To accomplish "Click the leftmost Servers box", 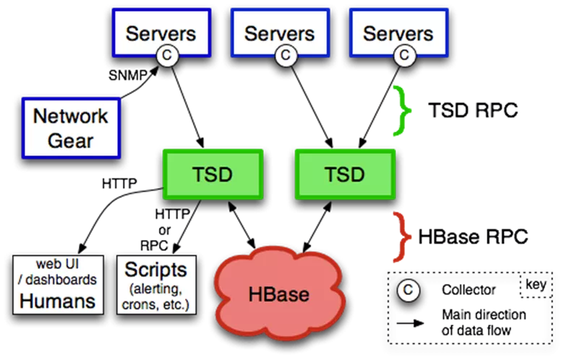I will click(x=161, y=32).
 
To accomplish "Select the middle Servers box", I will click(x=279, y=32).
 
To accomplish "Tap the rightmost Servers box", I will click(x=398, y=32).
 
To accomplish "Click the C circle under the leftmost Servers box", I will click(x=168, y=55).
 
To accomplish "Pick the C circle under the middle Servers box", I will click(x=286, y=55).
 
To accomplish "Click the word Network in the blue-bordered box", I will click(x=71, y=116).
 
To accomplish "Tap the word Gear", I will click(x=71, y=140).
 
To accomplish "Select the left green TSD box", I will click(x=213, y=174).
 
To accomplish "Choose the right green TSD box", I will click(x=345, y=174).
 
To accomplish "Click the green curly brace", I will click(x=401, y=111).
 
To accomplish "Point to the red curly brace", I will click(x=401, y=236).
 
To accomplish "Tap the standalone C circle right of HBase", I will click(x=408, y=291).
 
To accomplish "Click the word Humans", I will click(x=58, y=301).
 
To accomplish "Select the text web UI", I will click(x=58, y=265).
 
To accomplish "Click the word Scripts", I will click(x=155, y=270).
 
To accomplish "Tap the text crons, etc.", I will click(x=156, y=304).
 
